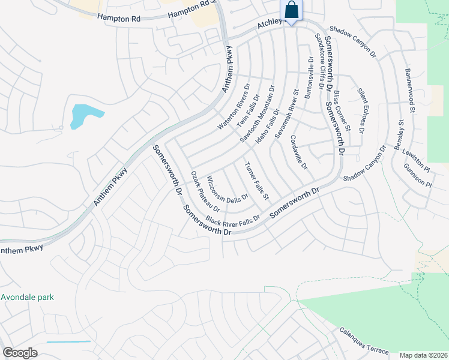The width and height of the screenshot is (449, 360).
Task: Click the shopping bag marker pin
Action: click(x=291, y=10)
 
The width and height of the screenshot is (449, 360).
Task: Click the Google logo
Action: click(x=20, y=352)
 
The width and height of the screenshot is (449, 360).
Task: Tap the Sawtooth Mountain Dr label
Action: click(x=257, y=114)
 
